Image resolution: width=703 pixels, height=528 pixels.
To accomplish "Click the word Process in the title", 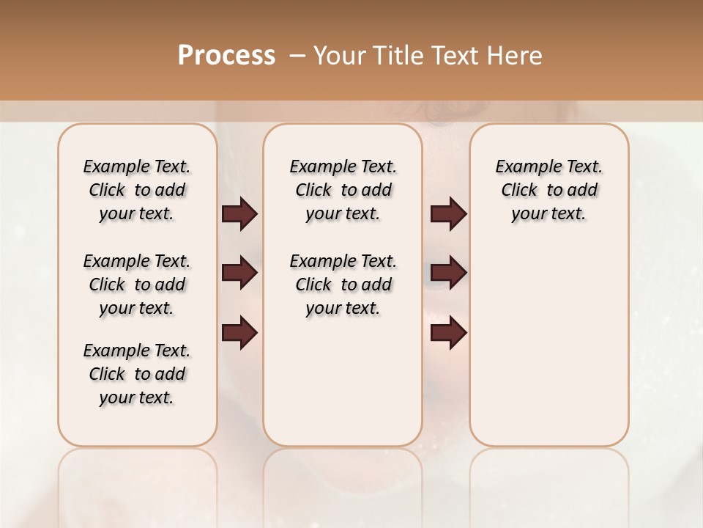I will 226,56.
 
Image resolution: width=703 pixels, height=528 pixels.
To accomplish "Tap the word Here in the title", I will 516,56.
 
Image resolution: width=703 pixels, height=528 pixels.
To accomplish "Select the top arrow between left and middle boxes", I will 239,214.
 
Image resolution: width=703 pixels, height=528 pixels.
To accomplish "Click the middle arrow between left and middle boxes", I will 239,274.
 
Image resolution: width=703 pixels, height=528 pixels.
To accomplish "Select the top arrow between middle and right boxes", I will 448,214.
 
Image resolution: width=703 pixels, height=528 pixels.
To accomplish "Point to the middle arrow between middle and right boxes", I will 448,274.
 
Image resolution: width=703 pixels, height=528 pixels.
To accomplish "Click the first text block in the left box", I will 137,190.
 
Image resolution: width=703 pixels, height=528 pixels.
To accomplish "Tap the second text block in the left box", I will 137,285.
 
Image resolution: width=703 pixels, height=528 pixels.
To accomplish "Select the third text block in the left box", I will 137,374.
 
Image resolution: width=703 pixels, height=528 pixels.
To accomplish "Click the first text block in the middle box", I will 343,190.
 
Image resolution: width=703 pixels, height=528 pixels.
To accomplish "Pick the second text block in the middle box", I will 343,285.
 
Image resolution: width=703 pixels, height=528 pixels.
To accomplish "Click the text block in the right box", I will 549,190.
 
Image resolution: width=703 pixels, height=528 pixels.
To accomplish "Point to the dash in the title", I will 297,56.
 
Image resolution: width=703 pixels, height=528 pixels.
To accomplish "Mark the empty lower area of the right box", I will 549,345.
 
